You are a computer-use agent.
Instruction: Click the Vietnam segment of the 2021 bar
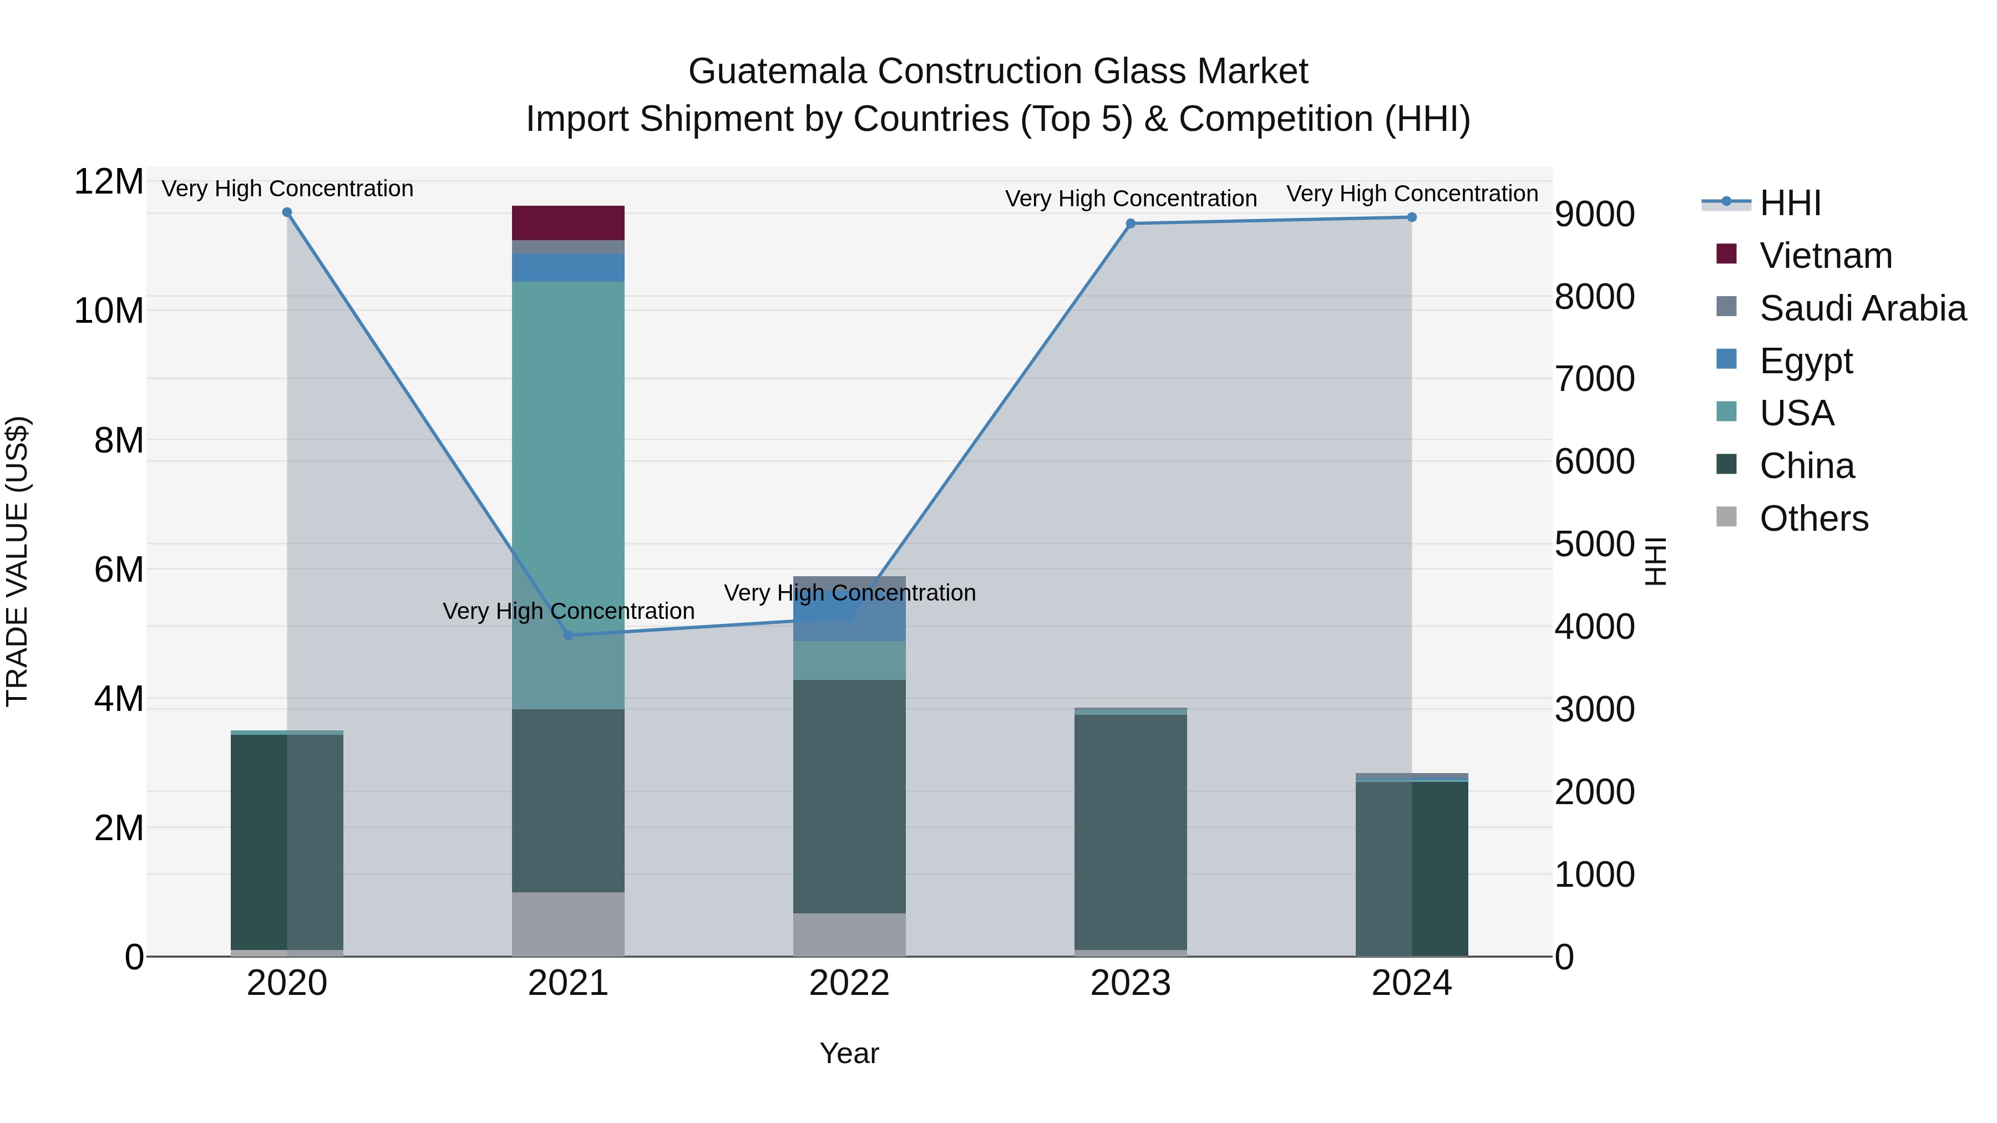click(567, 222)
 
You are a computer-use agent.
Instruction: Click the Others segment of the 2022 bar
click(849, 934)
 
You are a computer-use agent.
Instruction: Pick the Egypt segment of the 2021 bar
click(567, 267)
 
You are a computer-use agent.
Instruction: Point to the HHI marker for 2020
click(287, 212)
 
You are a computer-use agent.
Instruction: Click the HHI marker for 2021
click(567, 635)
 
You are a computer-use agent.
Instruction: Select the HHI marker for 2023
click(1131, 224)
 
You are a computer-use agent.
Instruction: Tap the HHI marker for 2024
click(1412, 218)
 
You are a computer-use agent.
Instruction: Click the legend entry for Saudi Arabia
click(1861, 308)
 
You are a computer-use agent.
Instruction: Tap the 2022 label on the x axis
click(849, 983)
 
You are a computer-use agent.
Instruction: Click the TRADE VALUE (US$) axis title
click(17, 561)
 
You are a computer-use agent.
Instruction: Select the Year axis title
click(849, 1053)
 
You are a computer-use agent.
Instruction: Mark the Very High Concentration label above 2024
click(1412, 194)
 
